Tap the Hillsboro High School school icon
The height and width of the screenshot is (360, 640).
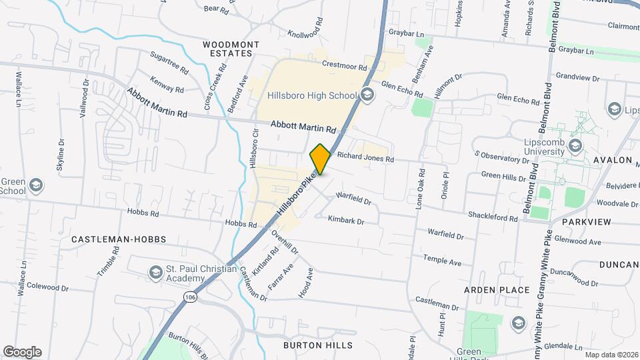pyautogui.click(x=367, y=95)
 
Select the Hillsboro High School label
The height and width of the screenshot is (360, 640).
pyautogui.click(x=312, y=95)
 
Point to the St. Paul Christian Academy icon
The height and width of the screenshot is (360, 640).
pyautogui.click(x=155, y=273)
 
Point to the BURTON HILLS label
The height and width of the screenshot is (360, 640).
pyautogui.click(x=318, y=345)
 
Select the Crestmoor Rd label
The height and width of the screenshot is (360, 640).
pyautogui.click(x=344, y=66)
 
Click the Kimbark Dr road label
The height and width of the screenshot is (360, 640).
pyautogui.click(x=346, y=221)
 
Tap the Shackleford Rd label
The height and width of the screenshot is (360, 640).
pyautogui.click(x=493, y=218)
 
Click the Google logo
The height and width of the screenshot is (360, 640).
pyautogui.click(x=22, y=352)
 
